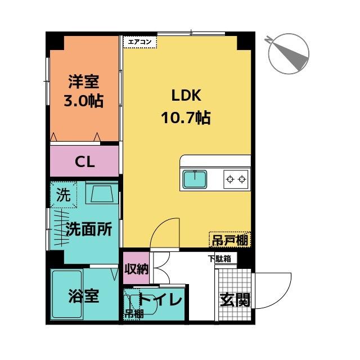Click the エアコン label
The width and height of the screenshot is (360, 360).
click(139, 41)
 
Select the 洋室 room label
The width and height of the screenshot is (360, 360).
click(84, 82)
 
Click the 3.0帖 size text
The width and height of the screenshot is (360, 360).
click(84, 102)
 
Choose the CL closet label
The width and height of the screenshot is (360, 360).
click(85, 162)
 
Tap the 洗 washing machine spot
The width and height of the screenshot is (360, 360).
click(64, 195)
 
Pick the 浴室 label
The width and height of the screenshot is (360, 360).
click(84, 295)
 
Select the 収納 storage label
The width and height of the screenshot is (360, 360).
click(136, 268)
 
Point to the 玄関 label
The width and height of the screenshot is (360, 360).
click(235, 299)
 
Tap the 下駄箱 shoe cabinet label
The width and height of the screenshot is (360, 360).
click(219, 259)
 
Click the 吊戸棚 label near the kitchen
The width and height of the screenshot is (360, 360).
click(230, 240)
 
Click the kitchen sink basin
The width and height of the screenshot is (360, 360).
click(194, 180)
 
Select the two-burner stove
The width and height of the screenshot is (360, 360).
click(236, 180)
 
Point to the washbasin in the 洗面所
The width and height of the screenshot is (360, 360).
click(101, 195)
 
